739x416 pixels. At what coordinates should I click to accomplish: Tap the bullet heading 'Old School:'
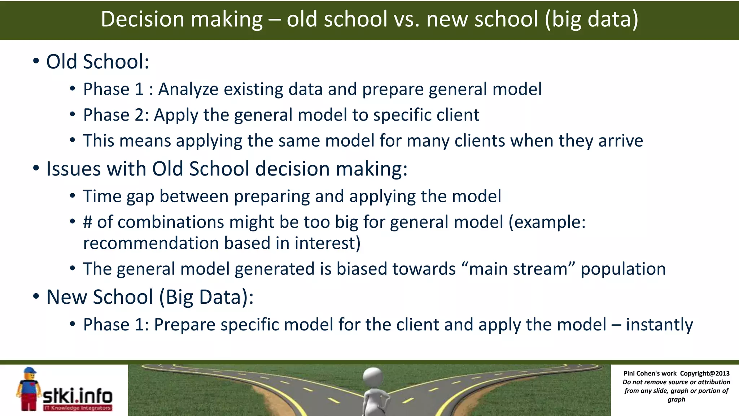pos(97,61)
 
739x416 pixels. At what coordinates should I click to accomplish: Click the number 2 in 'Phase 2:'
pos(140,115)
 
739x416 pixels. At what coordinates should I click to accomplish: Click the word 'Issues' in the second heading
pos(74,169)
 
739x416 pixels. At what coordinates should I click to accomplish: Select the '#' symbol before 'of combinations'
pos(88,222)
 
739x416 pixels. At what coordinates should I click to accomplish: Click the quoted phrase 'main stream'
pos(518,269)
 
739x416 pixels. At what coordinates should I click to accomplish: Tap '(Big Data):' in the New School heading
pos(206,297)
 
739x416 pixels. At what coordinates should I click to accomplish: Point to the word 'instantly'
pos(659,324)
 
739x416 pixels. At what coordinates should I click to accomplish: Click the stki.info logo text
pos(78,396)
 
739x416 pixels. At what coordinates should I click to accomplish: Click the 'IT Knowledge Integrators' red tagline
pos(78,408)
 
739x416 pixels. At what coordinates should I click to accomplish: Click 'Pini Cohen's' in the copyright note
pos(642,373)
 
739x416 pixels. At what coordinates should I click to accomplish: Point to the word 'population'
pos(623,269)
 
